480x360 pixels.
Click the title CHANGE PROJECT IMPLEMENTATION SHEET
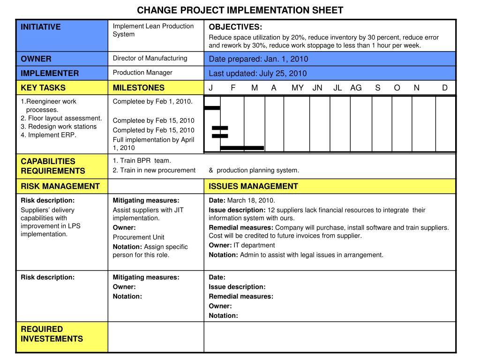tap(240, 10)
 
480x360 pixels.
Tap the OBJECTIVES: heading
tap(235, 27)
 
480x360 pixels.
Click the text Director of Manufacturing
tap(150, 58)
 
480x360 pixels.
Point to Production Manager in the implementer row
tap(142, 73)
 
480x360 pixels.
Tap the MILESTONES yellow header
tap(139, 88)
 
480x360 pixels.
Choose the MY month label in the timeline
tap(297, 88)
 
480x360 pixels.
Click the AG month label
tap(356, 88)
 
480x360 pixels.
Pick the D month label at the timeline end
tap(444, 88)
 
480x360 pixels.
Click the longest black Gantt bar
tap(242, 148)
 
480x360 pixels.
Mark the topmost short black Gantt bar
tap(212, 108)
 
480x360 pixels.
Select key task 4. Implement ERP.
tap(48, 135)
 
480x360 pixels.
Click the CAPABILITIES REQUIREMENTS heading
tap(52, 166)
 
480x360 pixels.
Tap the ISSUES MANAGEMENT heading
tap(253, 186)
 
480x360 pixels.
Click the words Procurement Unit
tap(138, 237)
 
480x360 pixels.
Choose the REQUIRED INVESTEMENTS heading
tap(52, 334)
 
